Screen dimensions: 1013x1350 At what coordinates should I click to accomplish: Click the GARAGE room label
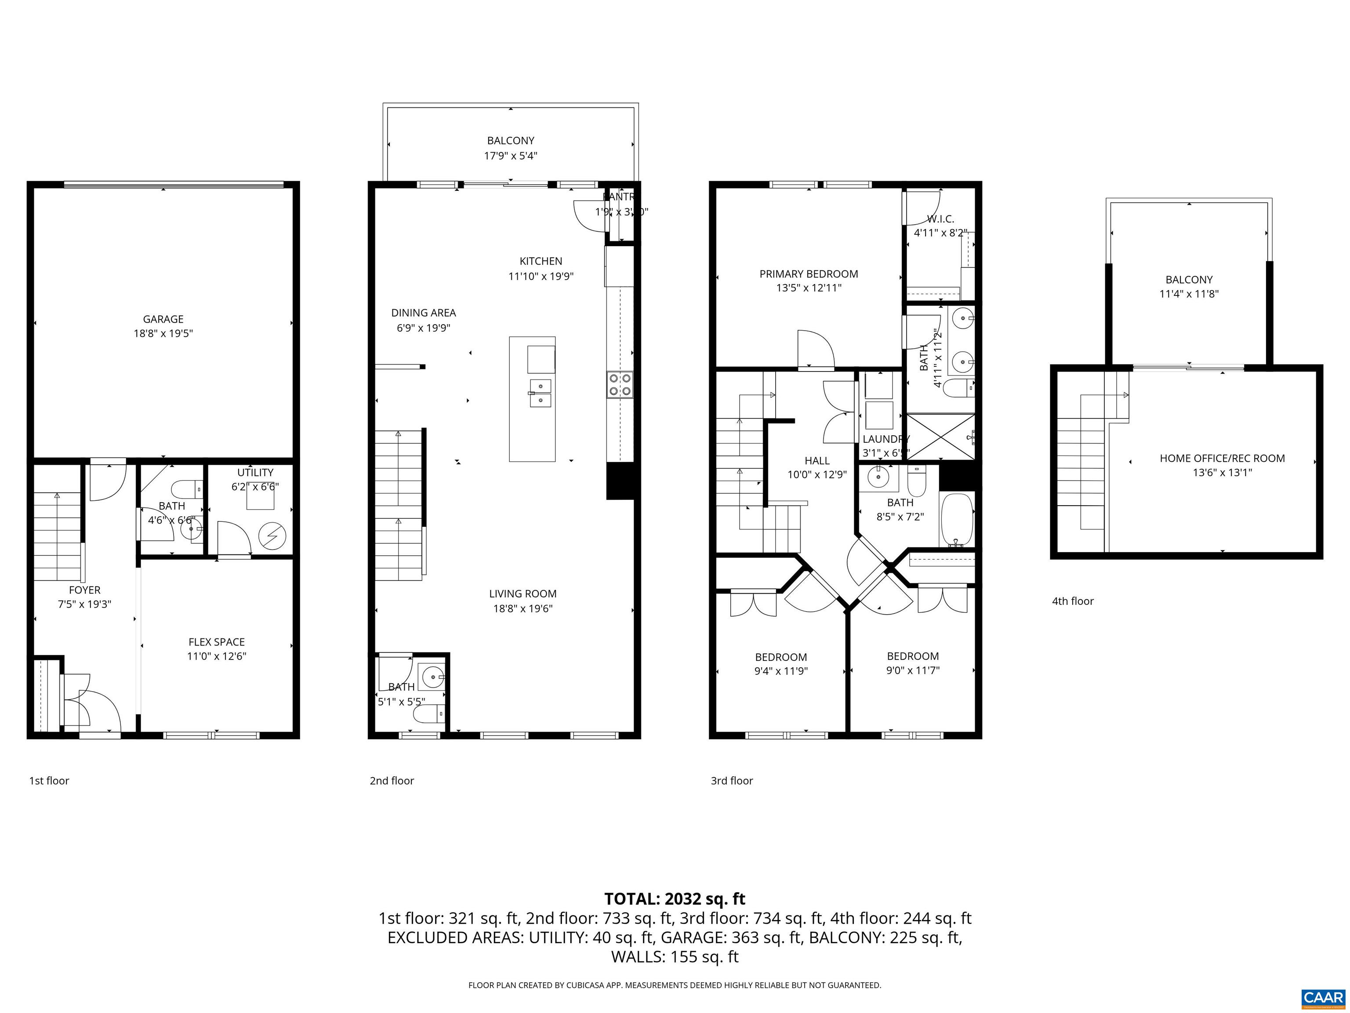coord(163,319)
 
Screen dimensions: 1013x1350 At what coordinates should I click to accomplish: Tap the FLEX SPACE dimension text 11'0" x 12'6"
coord(216,656)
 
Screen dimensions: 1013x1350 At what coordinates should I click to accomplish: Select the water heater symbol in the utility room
coord(272,536)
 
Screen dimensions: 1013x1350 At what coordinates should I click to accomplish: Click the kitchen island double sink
coord(540,393)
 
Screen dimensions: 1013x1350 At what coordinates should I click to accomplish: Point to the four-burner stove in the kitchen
coord(620,385)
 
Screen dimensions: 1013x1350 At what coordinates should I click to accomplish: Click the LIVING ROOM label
coord(523,594)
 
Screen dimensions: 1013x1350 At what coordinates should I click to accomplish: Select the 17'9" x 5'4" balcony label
coord(510,148)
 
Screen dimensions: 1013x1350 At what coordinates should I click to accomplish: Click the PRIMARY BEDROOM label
coord(808,274)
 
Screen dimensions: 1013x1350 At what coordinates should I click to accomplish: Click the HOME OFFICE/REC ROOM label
coord(1222,458)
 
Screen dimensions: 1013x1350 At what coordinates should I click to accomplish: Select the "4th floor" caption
coord(1072,601)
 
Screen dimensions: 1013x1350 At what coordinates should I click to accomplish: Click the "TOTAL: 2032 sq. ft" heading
coord(675,899)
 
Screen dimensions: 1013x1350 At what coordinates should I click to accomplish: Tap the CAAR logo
coord(1323,997)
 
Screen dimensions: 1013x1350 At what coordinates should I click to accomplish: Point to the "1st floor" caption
coord(49,780)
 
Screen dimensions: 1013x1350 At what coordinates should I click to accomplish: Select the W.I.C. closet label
coord(940,219)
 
